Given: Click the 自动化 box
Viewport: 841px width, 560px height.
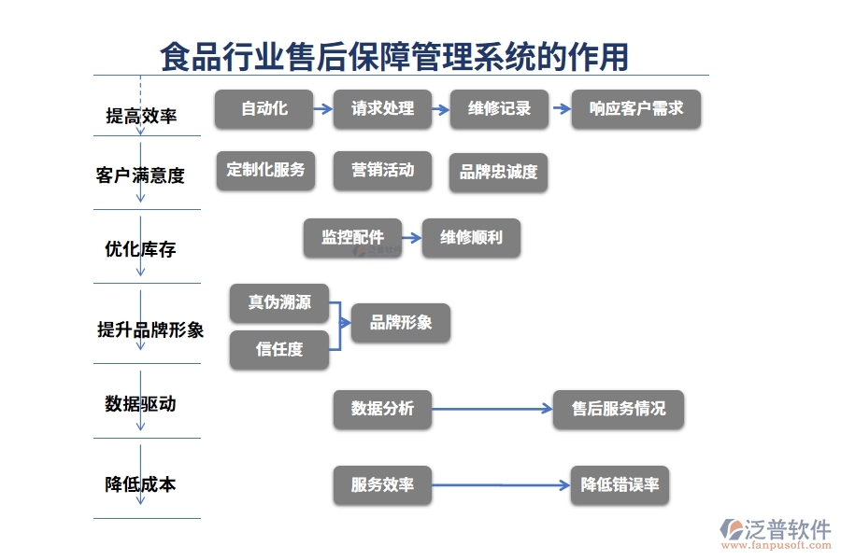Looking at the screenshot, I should pos(264,109).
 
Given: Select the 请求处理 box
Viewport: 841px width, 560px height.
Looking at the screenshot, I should pos(382,109).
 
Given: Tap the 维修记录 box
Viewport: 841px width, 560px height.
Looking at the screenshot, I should pos(499,109).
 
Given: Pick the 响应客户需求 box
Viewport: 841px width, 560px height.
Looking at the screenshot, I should pos(635,109).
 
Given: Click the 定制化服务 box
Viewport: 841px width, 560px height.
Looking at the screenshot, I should pos(265,171).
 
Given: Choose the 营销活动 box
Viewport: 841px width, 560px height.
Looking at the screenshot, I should pos(382,171).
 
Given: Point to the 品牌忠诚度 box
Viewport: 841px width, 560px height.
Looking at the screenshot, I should pos(498,173).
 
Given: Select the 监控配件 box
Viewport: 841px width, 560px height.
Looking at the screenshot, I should pos(352,238).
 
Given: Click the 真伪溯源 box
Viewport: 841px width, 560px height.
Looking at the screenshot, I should pos(279,303).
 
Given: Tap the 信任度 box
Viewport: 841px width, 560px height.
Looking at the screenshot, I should pos(279,350).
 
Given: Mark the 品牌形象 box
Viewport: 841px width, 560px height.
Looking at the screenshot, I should pos(401,323).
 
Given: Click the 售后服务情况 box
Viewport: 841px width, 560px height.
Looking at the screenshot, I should pos(619,410).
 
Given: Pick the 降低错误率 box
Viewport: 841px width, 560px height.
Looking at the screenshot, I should pos(620,485).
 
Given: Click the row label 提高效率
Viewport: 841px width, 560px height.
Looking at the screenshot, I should pos(141,116).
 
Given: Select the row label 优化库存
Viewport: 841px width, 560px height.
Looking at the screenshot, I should pos(140,250).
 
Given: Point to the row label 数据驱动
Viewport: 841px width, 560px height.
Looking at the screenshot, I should pos(140,404).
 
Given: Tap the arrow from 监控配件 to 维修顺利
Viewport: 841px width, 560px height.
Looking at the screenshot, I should pos(411,238).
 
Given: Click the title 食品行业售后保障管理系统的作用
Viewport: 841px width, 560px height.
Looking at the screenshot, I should pos(394,57).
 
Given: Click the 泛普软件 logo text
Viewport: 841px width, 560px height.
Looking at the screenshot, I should pos(787,529).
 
